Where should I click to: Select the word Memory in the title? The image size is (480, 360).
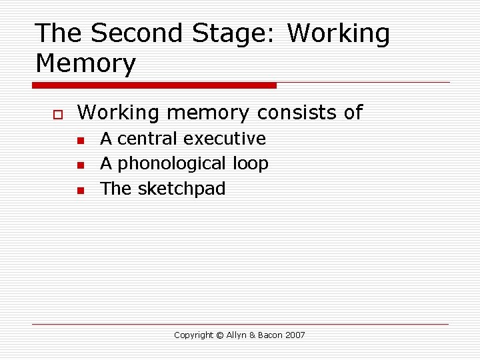[85, 65]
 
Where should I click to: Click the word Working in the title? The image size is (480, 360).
[339, 34]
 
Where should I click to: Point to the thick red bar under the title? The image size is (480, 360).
[154, 85]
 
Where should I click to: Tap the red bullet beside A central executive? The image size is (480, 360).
[79, 141]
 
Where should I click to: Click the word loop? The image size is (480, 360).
[251, 164]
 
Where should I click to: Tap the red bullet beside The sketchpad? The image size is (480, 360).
[79, 191]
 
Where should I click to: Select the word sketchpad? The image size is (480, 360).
[181, 189]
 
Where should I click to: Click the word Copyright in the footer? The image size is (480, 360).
[193, 335]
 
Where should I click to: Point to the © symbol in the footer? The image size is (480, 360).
[220, 335]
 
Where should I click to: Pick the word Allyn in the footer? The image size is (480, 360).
[236, 335]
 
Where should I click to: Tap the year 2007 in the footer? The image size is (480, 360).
[295, 335]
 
